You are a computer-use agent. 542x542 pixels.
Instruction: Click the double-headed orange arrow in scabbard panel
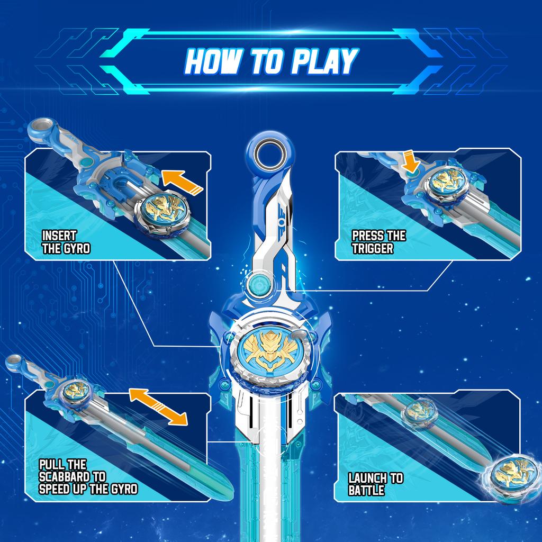tap(158, 406)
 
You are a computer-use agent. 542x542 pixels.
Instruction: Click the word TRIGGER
tap(373, 248)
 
